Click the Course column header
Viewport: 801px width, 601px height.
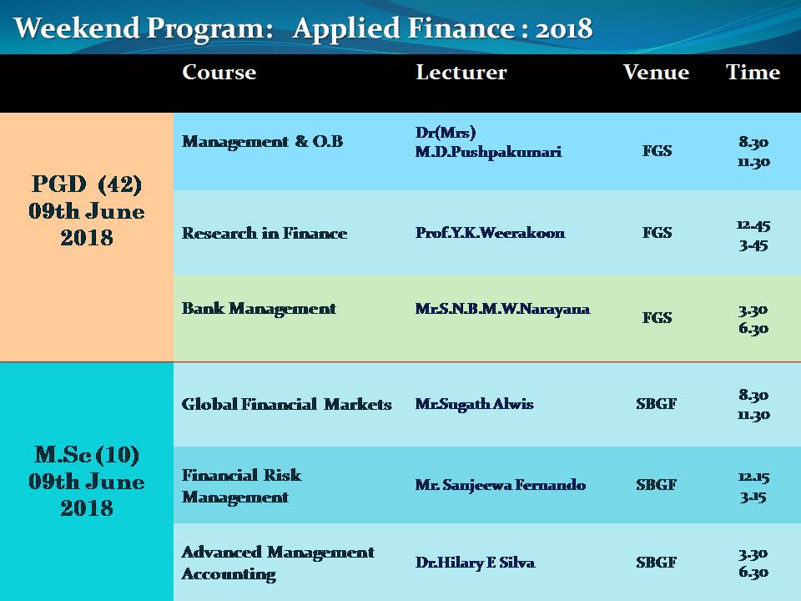[x=219, y=72]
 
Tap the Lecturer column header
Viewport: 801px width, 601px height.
[x=461, y=72]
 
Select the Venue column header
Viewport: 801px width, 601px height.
[x=656, y=72]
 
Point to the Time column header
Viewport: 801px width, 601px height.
[x=753, y=72]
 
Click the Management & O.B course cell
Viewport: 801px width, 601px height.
[x=263, y=142]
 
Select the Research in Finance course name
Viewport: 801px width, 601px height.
[x=264, y=233]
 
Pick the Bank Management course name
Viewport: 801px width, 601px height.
[x=259, y=309]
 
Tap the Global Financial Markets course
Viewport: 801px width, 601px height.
[x=286, y=404]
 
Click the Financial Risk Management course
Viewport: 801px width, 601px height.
[x=242, y=486]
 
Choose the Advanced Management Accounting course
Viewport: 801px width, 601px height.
[x=278, y=563]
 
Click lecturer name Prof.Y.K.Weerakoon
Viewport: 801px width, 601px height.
[x=490, y=233]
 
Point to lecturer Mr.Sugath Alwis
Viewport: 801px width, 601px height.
[x=474, y=404]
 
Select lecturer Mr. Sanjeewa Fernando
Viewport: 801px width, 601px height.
[x=500, y=484]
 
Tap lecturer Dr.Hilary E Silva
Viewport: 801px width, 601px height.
[x=475, y=563]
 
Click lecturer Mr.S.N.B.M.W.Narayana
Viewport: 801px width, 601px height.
[x=502, y=309]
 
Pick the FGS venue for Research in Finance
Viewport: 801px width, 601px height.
[x=657, y=233]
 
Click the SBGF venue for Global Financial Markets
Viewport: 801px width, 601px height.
[x=656, y=404]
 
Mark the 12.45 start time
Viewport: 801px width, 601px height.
[x=753, y=225]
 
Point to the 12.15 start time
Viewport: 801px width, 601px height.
[x=753, y=477]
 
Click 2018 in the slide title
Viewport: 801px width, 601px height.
[x=564, y=28]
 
